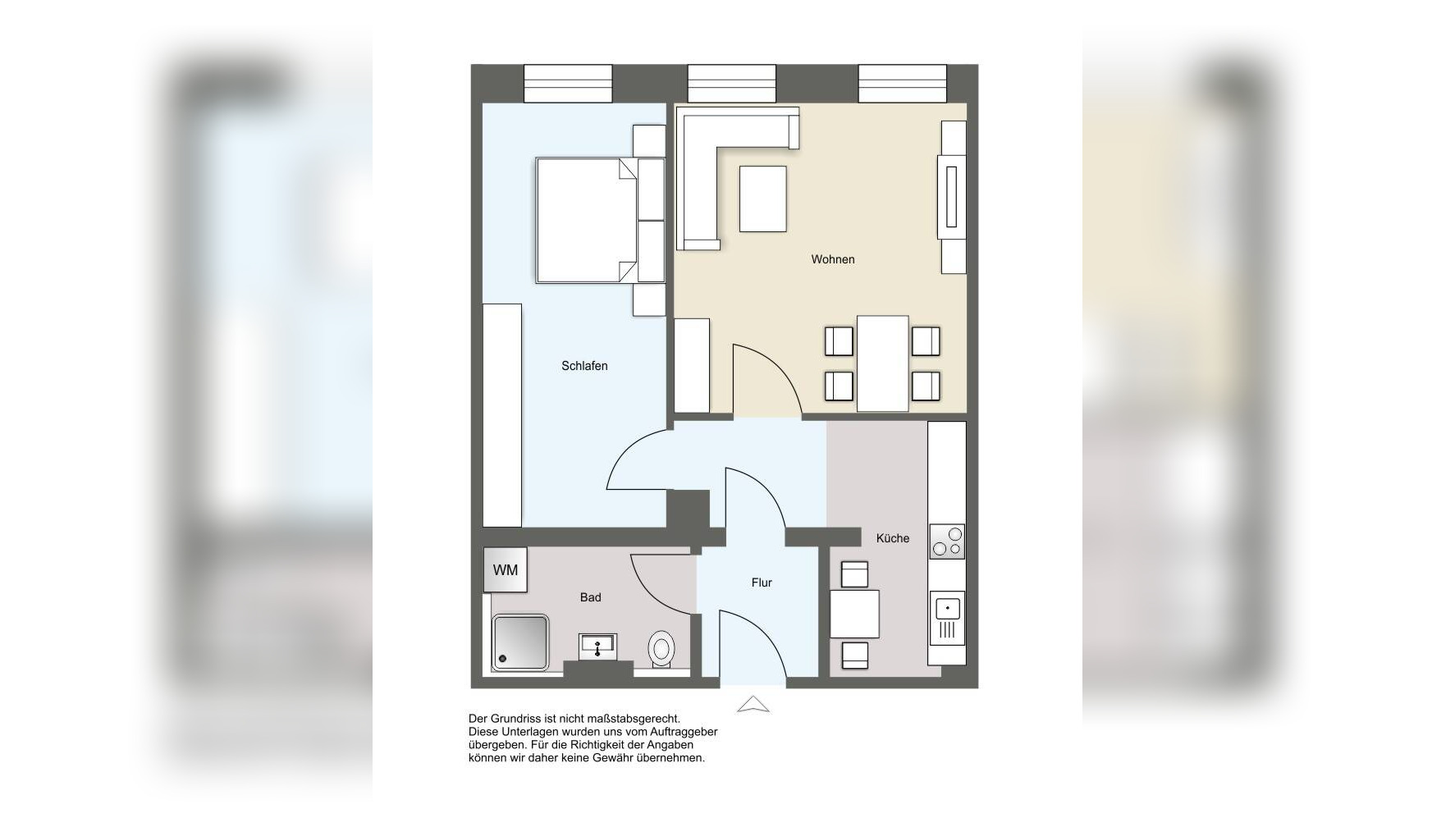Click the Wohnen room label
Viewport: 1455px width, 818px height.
click(x=832, y=259)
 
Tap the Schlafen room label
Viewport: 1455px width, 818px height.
click(x=584, y=366)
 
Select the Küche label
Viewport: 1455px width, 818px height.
click(x=893, y=538)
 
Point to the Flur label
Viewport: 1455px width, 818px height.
click(x=762, y=583)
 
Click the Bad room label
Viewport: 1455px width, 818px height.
click(x=591, y=597)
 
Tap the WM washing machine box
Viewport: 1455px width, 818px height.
click(x=506, y=569)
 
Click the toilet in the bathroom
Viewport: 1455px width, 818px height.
click(x=661, y=649)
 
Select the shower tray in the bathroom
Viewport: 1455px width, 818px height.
click(x=520, y=642)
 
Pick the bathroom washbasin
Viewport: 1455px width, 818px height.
click(x=599, y=647)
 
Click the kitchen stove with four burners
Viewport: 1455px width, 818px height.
click(x=947, y=542)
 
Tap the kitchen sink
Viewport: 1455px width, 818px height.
click(x=947, y=617)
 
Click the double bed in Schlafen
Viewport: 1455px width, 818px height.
click(x=587, y=220)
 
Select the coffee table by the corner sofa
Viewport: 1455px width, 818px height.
click(x=763, y=199)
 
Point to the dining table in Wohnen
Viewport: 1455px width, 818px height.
click(x=883, y=363)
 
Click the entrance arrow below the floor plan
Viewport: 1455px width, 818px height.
click(x=753, y=705)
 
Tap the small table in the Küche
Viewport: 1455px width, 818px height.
click(x=854, y=614)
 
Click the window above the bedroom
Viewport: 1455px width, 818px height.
click(x=568, y=84)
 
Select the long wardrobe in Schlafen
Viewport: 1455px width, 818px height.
click(x=502, y=415)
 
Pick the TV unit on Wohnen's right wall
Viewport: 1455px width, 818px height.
click(x=952, y=197)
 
